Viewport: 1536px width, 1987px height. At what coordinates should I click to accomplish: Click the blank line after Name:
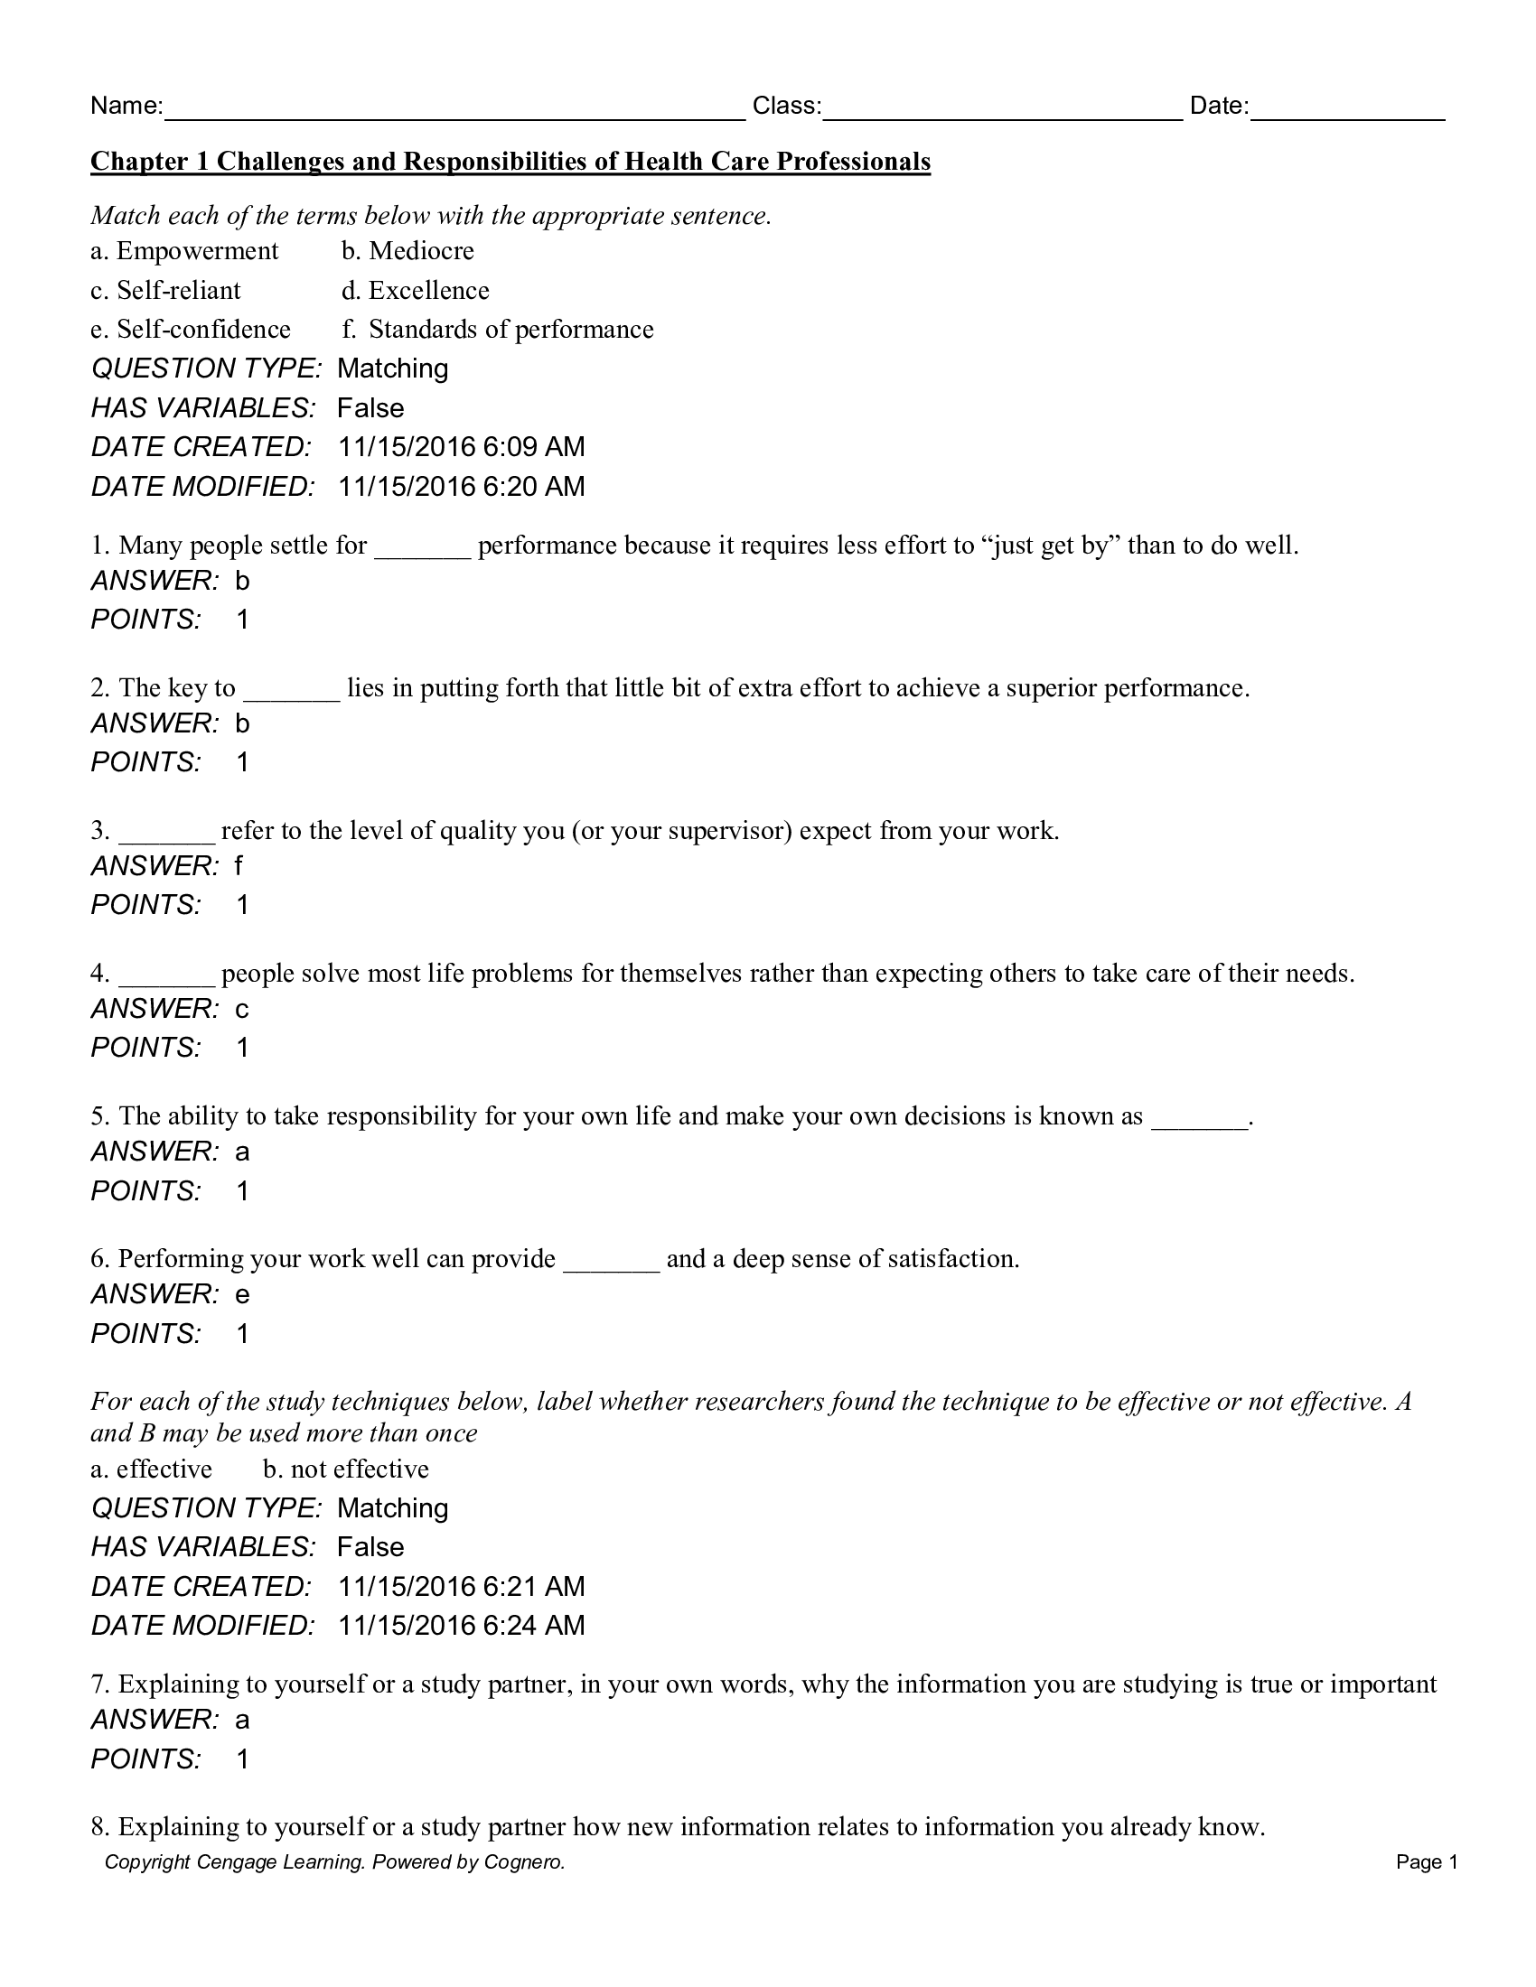click(455, 113)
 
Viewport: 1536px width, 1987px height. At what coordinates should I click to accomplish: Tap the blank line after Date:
click(1347, 113)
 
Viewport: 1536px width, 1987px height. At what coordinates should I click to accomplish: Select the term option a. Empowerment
click(184, 251)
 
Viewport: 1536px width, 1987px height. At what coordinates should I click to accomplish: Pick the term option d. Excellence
click(415, 291)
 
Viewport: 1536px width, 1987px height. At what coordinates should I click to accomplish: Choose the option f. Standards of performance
click(497, 330)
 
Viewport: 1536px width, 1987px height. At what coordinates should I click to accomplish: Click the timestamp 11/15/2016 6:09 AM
click(462, 448)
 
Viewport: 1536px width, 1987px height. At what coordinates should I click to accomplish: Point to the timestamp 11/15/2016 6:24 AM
click(462, 1626)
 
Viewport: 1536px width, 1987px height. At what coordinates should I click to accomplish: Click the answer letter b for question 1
click(242, 582)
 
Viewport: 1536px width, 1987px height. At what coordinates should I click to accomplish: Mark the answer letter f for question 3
click(239, 866)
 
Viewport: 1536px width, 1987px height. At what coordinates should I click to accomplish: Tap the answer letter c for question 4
click(242, 1009)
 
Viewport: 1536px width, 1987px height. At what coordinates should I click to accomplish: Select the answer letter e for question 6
click(242, 1294)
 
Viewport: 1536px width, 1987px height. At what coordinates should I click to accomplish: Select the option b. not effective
click(346, 1469)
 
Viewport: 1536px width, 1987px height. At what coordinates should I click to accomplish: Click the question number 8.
click(100, 1827)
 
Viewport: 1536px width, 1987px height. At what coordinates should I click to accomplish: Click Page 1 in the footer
click(1427, 1862)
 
